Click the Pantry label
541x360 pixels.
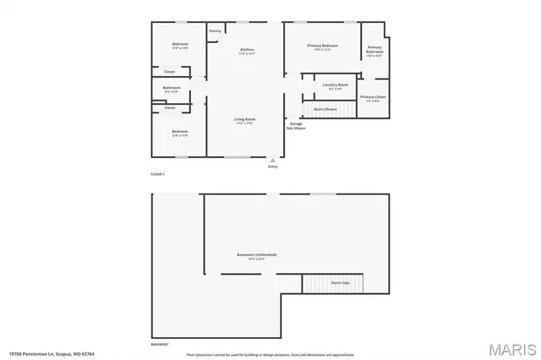point(216,31)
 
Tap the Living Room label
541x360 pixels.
point(244,119)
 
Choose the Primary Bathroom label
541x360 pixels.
point(374,49)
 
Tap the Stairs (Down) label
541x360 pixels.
point(325,108)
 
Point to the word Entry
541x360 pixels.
point(272,167)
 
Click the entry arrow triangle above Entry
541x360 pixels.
point(272,159)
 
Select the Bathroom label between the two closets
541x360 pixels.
point(172,87)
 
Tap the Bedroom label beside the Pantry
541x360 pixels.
point(179,44)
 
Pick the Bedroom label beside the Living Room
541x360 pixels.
point(179,131)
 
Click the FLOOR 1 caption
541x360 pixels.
point(158,174)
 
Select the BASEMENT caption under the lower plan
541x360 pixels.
point(159,345)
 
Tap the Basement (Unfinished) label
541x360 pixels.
point(256,254)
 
